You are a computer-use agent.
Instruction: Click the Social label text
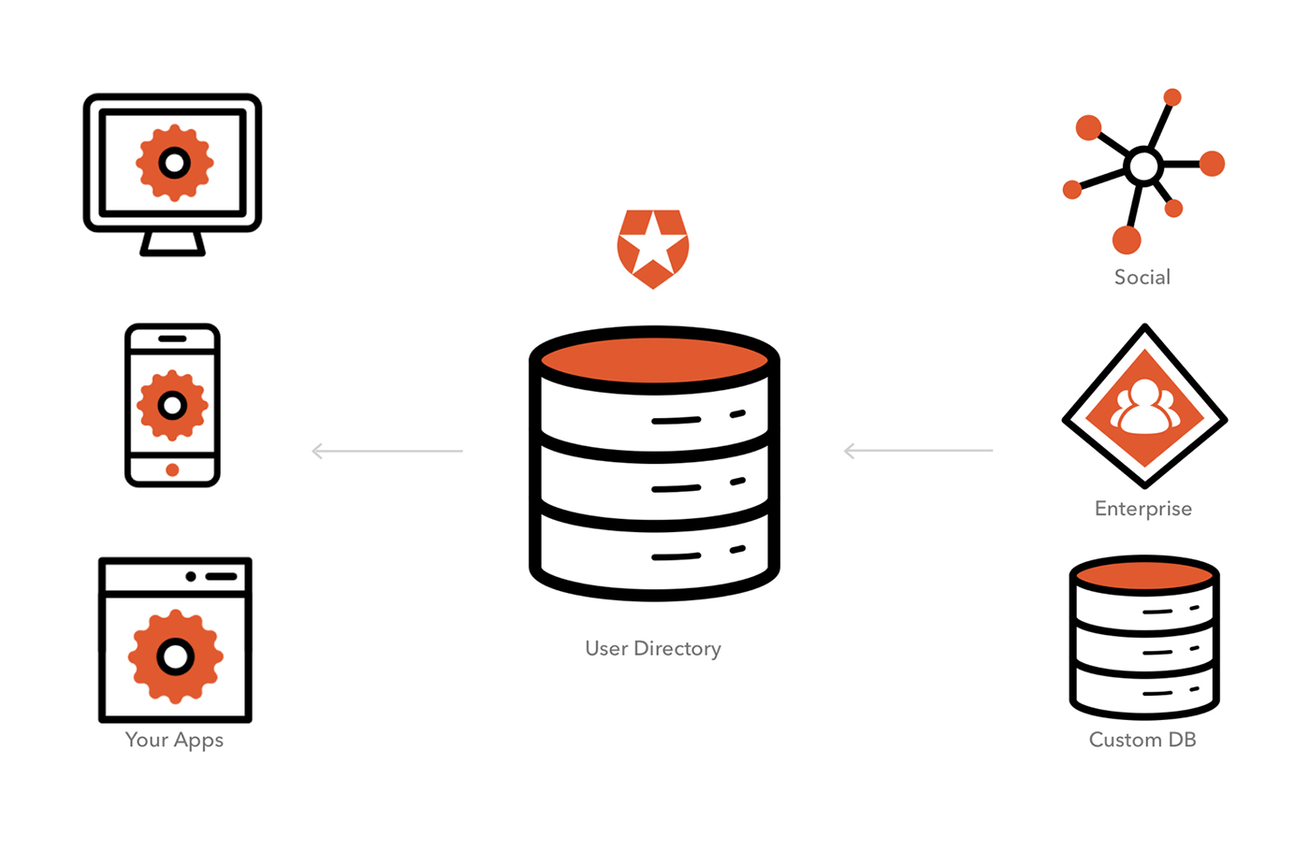[x=1142, y=277]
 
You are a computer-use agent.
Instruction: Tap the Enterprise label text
[x=1143, y=509]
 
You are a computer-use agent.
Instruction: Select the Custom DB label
[x=1142, y=740]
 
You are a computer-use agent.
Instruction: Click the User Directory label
[x=652, y=648]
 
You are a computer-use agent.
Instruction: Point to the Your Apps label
[x=174, y=740]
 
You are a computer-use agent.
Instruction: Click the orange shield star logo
[x=653, y=248]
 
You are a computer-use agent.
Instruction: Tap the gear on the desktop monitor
[x=174, y=164]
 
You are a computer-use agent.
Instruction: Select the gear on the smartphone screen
[x=172, y=405]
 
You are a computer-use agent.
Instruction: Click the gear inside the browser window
[x=175, y=656]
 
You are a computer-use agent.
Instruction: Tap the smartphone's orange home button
[x=172, y=469]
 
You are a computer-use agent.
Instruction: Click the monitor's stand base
[x=172, y=245]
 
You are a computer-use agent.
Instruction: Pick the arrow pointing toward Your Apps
[x=386, y=451]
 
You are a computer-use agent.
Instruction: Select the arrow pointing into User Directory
[x=918, y=451]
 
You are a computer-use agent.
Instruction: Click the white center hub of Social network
[x=1143, y=166]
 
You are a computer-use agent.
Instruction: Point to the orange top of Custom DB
[x=1143, y=574]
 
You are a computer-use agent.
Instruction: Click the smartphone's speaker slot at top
[x=172, y=339]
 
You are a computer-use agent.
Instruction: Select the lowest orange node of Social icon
[x=1127, y=240]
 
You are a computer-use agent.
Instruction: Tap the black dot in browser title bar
[x=191, y=576]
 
